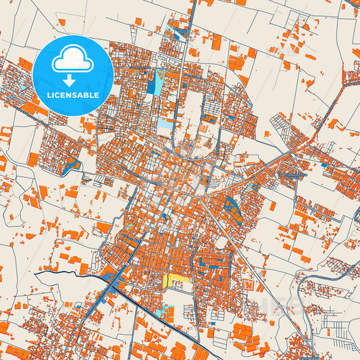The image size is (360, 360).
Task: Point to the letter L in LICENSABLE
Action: (48, 95)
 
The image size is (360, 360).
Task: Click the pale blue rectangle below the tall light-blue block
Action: (165, 124)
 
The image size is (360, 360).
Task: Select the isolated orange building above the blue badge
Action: (61, 23)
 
